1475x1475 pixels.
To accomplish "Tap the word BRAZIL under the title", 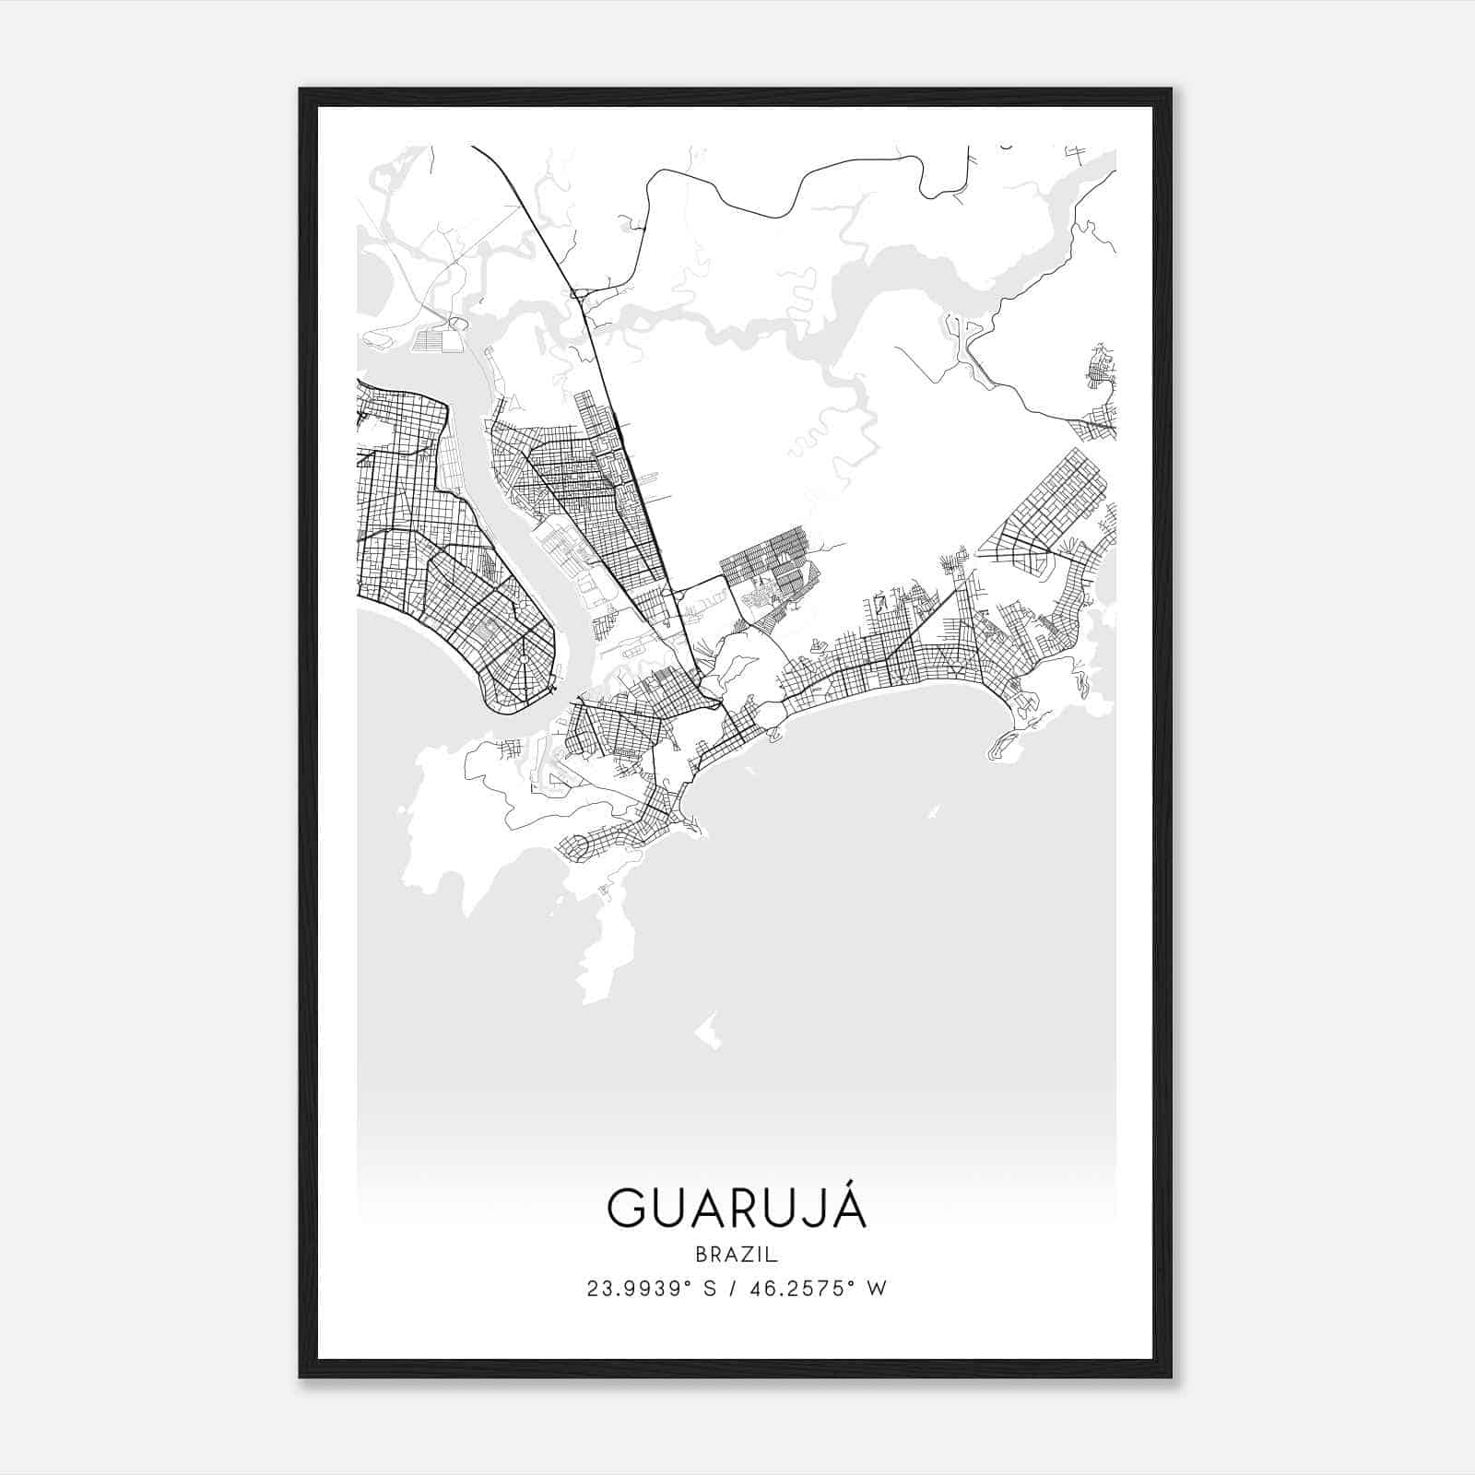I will (x=737, y=1254).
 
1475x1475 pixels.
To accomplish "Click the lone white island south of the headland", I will (x=708, y=1032).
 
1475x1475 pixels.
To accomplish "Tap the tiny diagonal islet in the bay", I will (x=933, y=812).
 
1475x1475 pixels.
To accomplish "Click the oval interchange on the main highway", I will (x=579, y=294).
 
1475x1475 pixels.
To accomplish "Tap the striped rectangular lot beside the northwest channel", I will (x=431, y=340).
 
